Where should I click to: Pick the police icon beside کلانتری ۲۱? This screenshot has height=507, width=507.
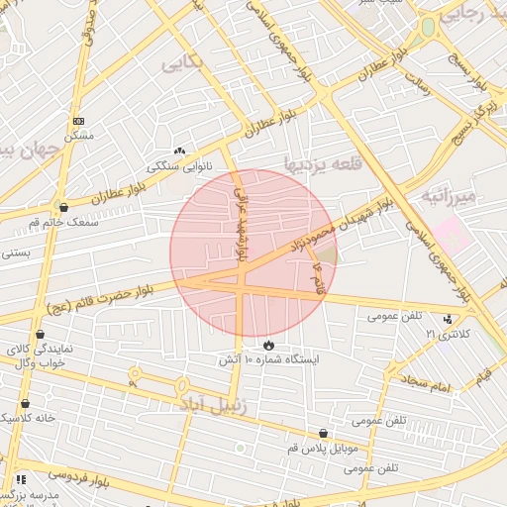click(451, 319)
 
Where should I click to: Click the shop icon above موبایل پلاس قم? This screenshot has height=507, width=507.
click(323, 434)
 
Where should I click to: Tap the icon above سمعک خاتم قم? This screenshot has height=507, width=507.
click(64, 208)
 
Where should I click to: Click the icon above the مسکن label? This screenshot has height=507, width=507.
click(78, 120)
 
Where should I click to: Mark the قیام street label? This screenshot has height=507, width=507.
click(482, 376)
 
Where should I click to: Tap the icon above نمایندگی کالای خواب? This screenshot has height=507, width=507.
click(40, 335)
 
